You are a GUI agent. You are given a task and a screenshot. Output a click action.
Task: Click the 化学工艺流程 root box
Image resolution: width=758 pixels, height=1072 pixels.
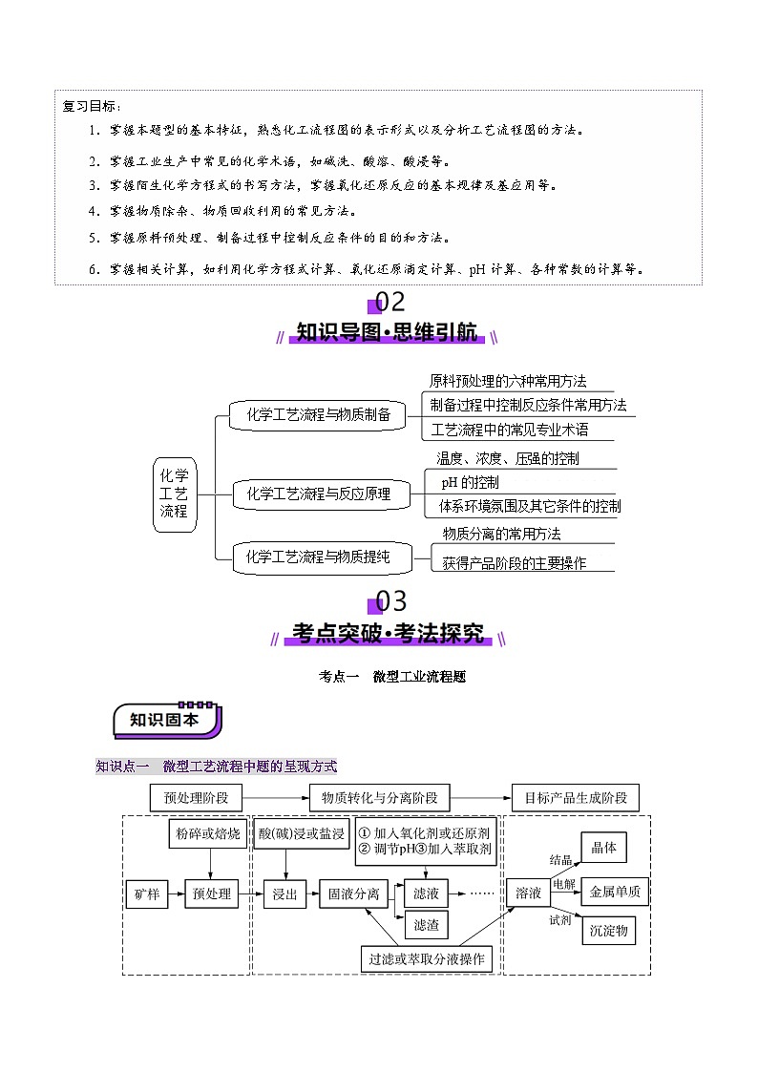point(174,493)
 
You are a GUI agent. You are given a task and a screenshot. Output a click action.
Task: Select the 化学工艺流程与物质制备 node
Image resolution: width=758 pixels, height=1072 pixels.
point(318,414)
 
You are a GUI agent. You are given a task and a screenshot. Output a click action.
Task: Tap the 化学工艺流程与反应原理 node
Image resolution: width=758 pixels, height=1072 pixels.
point(318,494)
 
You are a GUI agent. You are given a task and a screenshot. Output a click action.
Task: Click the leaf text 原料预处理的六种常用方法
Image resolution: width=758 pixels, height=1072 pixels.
point(508,381)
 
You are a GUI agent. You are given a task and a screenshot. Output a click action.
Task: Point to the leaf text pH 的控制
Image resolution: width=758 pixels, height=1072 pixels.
point(470,482)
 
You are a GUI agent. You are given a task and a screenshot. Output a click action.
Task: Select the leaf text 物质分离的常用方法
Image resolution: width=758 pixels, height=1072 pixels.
point(501,534)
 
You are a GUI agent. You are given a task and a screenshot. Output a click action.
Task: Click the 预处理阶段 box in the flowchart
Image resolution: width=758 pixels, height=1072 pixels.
point(196,797)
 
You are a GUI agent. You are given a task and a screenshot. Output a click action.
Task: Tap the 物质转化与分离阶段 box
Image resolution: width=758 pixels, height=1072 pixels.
point(379,797)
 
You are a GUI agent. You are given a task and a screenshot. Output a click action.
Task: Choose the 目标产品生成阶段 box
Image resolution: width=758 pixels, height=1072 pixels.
point(576,797)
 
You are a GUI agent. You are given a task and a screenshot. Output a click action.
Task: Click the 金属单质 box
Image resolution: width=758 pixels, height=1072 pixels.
point(615,892)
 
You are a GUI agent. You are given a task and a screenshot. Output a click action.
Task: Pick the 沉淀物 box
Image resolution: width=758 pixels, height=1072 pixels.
point(608,930)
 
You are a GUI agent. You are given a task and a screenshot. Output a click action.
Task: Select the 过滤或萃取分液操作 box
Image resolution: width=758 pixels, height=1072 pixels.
point(427,958)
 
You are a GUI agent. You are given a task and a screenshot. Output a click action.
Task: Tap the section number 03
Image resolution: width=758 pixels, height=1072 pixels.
point(390,601)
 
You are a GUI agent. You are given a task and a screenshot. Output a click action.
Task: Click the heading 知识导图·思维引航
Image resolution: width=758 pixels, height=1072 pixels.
point(387,332)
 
